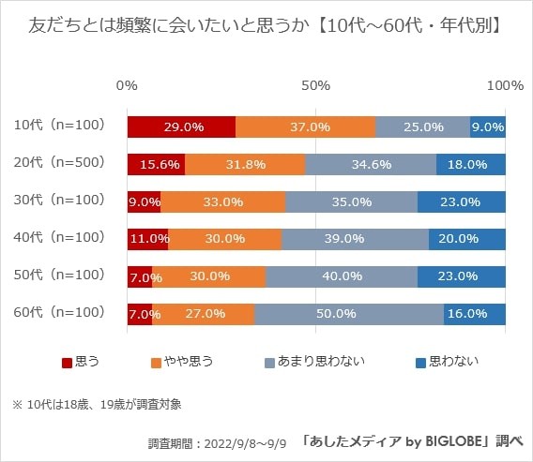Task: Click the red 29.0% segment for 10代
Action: (181, 127)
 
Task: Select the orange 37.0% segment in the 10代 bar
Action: (305, 127)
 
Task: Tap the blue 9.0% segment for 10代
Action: (488, 127)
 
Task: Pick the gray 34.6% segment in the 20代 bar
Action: (371, 164)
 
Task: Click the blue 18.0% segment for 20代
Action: (471, 164)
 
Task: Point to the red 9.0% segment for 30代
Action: (144, 201)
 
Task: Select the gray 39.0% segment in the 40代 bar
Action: (355, 238)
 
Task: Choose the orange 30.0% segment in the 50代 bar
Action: (209, 276)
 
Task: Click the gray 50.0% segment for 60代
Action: (349, 313)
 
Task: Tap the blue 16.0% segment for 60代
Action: (475, 313)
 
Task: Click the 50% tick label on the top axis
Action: (316, 85)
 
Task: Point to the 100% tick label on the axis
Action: (505, 85)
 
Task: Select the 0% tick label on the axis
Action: (127, 85)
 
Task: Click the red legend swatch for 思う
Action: (67, 361)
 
